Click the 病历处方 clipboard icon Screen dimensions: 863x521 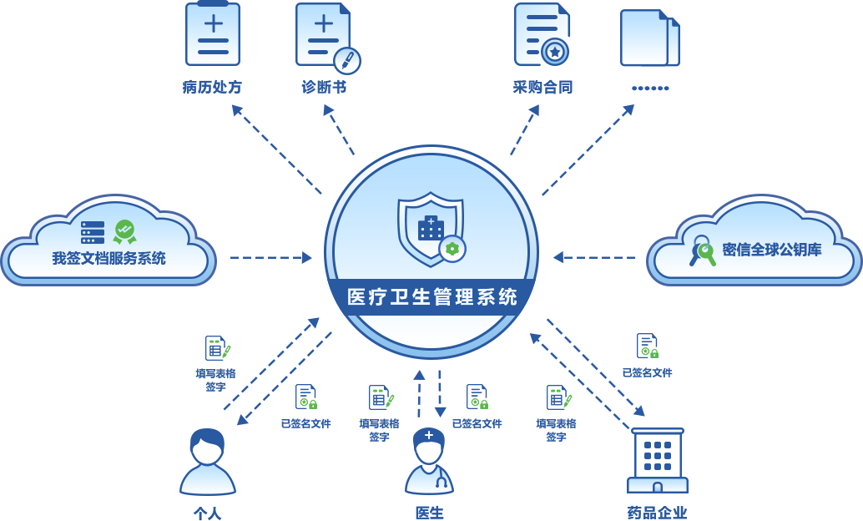pyautogui.click(x=213, y=33)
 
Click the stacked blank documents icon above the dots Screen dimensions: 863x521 pyautogui.click(x=650, y=38)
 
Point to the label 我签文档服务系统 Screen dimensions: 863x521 pyautogui.click(x=109, y=258)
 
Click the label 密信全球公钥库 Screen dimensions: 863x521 pyautogui.click(x=772, y=250)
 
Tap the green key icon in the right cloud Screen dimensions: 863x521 pyautogui.click(x=703, y=251)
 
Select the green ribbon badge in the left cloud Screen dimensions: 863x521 pyautogui.click(x=125, y=232)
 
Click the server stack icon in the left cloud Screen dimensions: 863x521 pyautogui.click(x=93, y=232)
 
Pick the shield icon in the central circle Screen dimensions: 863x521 pyautogui.click(x=431, y=228)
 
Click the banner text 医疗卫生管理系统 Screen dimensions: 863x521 pyautogui.click(x=432, y=297)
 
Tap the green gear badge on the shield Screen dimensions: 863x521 pyautogui.click(x=452, y=249)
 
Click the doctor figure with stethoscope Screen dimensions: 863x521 pyautogui.click(x=429, y=461)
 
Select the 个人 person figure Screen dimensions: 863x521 pyautogui.click(x=208, y=462)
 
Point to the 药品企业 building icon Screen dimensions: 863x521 pyautogui.click(x=658, y=460)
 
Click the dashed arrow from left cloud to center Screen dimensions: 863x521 pyautogui.click(x=270, y=257)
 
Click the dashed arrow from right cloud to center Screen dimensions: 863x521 pyautogui.click(x=594, y=257)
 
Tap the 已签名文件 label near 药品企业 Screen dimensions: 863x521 pyautogui.click(x=648, y=373)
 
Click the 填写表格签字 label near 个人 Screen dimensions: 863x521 pyautogui.click(x=215, y=380)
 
